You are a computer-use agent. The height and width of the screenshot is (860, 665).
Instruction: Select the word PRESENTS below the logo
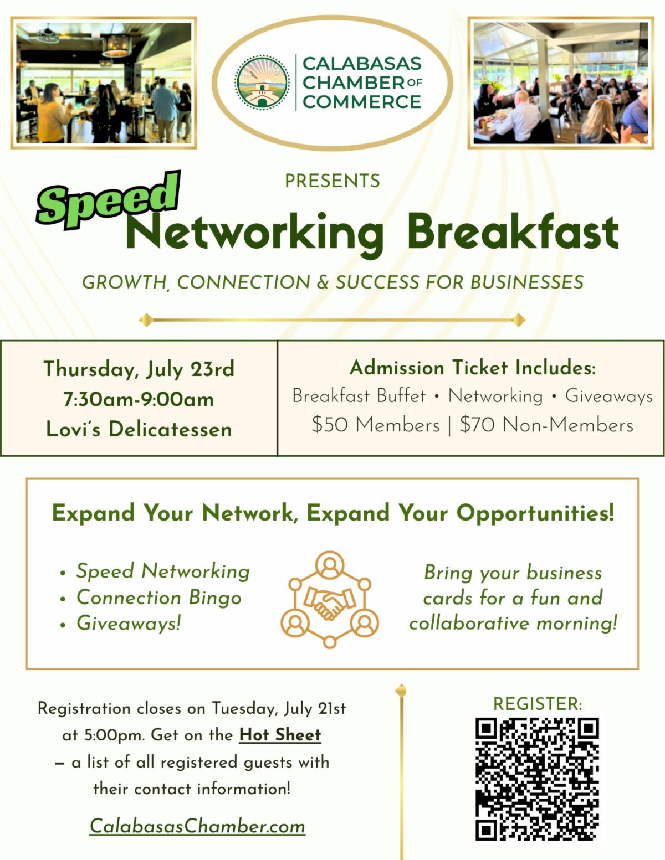[332, 181]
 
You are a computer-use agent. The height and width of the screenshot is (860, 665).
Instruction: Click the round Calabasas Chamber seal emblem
[262, 83]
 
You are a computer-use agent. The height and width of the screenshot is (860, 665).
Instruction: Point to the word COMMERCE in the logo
[362, 102]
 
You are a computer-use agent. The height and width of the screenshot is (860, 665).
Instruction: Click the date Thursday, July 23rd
[139, 369]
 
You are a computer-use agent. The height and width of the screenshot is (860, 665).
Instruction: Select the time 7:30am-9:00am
[139, 399]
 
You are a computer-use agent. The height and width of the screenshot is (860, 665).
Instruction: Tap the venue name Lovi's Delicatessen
[139, 429]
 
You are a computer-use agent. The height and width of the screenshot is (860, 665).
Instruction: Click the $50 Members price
[376, 425]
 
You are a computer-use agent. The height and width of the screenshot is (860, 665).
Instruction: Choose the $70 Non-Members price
[546, 425]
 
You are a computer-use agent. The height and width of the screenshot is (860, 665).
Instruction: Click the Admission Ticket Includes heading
[472, 368]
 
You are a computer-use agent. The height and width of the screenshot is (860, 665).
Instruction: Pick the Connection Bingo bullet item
[159, 598]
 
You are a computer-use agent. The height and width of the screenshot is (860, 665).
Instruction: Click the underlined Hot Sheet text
[280, 735]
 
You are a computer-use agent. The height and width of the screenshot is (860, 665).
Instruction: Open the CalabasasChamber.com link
[197, 826]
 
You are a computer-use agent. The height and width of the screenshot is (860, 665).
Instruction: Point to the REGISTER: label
[538, 704]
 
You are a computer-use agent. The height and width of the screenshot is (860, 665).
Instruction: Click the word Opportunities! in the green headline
[535, 513]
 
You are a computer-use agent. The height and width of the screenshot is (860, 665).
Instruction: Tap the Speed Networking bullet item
[163, 571]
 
